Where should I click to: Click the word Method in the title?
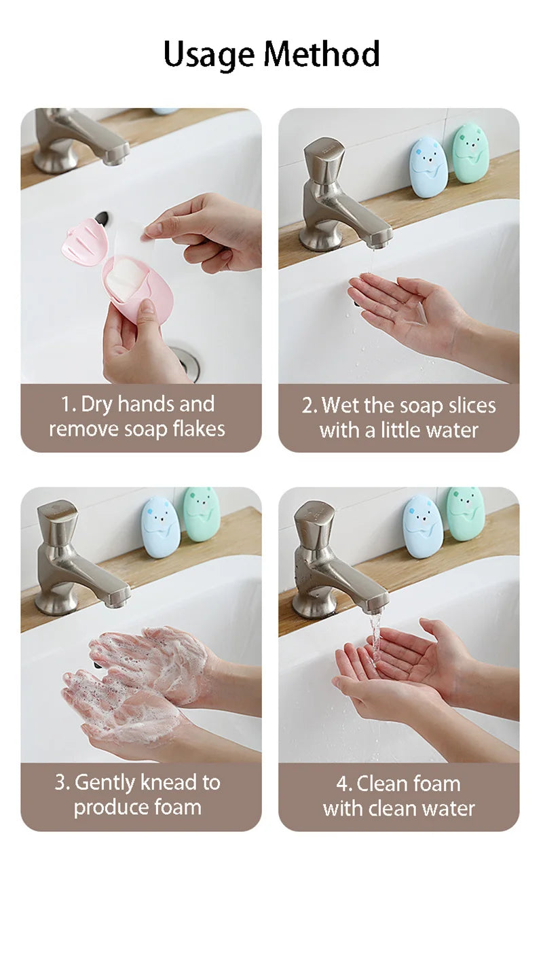[322, 54]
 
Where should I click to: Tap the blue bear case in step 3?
[161, 527]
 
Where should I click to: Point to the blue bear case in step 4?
[423, 527]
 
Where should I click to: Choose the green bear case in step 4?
[465, 514]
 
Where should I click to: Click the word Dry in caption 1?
[97, 404]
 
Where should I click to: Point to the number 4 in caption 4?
[342, 784]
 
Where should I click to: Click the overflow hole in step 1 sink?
[103, 219]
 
